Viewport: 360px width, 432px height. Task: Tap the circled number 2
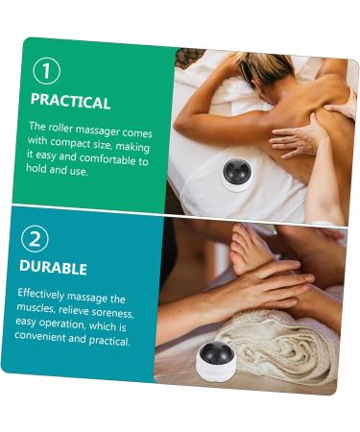click(x=35, y=237)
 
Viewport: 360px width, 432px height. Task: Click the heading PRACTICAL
click(x=70, y=102)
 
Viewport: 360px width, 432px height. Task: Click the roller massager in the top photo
click(x=236, y=173)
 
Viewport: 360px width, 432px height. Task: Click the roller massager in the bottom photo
click(x=217, y=360)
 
